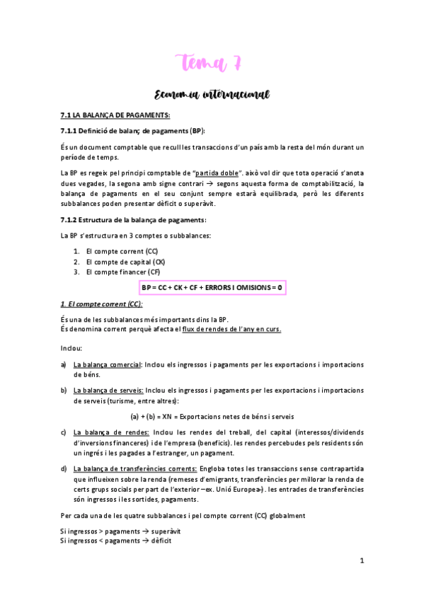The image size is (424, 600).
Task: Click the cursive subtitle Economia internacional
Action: click(x=212, y=95)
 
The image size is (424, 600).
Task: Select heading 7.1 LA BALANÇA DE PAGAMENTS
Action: click(x=115, y=115)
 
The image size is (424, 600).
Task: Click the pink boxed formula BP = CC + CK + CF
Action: click(x=211, y=288)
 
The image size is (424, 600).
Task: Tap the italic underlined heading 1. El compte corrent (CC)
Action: click(x=101, y=304)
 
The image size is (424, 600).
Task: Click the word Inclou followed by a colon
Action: click(x=71, y=349)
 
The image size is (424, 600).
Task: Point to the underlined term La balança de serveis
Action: click(x=109, y=390)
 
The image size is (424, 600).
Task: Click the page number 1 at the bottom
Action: click(x=362, y=562)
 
